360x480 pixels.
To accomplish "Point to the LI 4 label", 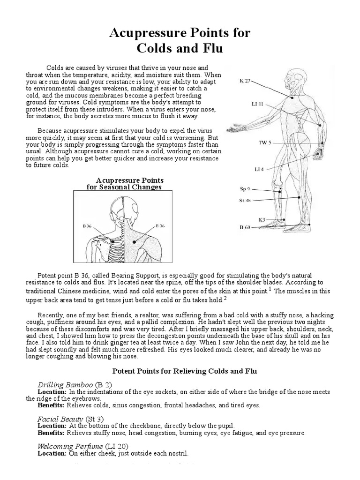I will pyautogui.click(x=259, y=168).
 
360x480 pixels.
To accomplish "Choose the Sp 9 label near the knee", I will pyautogui.click(x=245, y=189).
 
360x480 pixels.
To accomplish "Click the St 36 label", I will pyautogui.click(x=245, y=201).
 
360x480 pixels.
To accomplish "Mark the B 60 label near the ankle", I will pyautogui.click(x=245, y=227).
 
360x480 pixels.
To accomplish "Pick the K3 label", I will pyautogui.click(x=262, y=219).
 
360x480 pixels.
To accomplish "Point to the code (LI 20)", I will pyautogui.click(x=117, y=446).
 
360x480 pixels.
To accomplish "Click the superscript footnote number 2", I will pyautogui.click(x=225, y=298).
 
